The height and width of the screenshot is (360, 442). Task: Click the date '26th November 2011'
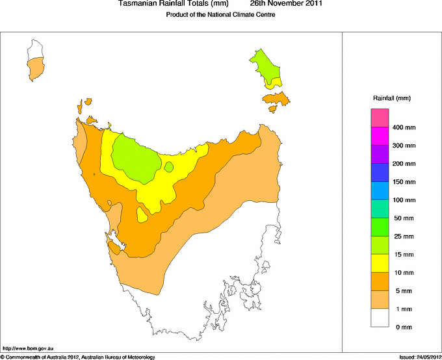[x=286, y=4]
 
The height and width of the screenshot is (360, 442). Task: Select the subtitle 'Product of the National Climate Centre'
[x=221, y=15]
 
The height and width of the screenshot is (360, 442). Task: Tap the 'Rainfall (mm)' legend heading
[x=392, y=98]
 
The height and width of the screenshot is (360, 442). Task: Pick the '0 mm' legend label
[x=404, y=327]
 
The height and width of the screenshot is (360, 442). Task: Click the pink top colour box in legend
[x=380, y=118]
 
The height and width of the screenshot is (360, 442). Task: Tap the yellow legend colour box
[x=380, y=263]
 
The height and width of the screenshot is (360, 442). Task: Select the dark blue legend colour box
[x=380, y=172]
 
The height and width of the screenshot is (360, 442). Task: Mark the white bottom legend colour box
[x=380, y=317]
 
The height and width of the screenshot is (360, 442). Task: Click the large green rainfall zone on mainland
[x=136, y=158]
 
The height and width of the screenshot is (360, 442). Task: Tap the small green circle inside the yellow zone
[x=169, y=167]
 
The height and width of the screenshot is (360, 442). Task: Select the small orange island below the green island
[x=276, y=99]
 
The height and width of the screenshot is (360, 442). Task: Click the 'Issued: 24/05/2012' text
[x=419, y=357]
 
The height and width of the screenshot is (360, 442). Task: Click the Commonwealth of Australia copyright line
[x=78, y=357]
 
